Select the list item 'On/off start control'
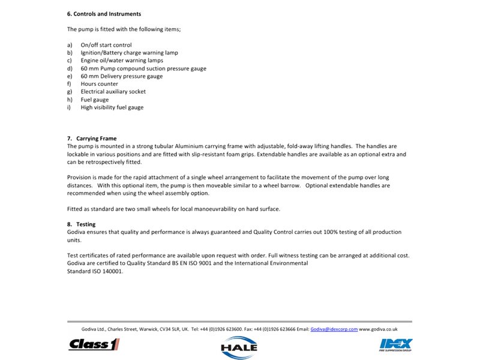106,45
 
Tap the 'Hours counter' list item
100,84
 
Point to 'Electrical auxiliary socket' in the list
113,92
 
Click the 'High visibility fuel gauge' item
112,107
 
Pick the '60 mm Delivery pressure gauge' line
122,76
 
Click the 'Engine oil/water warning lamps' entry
122,61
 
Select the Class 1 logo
94,344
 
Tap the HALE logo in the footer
239,346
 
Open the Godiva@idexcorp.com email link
334,329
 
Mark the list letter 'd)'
70,68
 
